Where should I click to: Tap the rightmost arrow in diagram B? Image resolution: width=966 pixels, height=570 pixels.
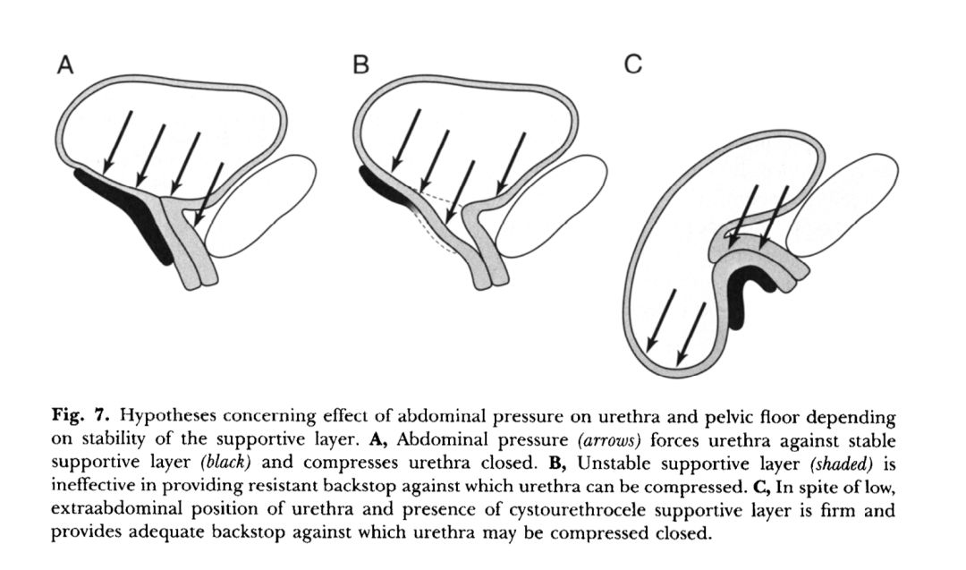click(x=512, y=162)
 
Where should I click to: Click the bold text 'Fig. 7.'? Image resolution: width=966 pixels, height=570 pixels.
click(x=85, y=417)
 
